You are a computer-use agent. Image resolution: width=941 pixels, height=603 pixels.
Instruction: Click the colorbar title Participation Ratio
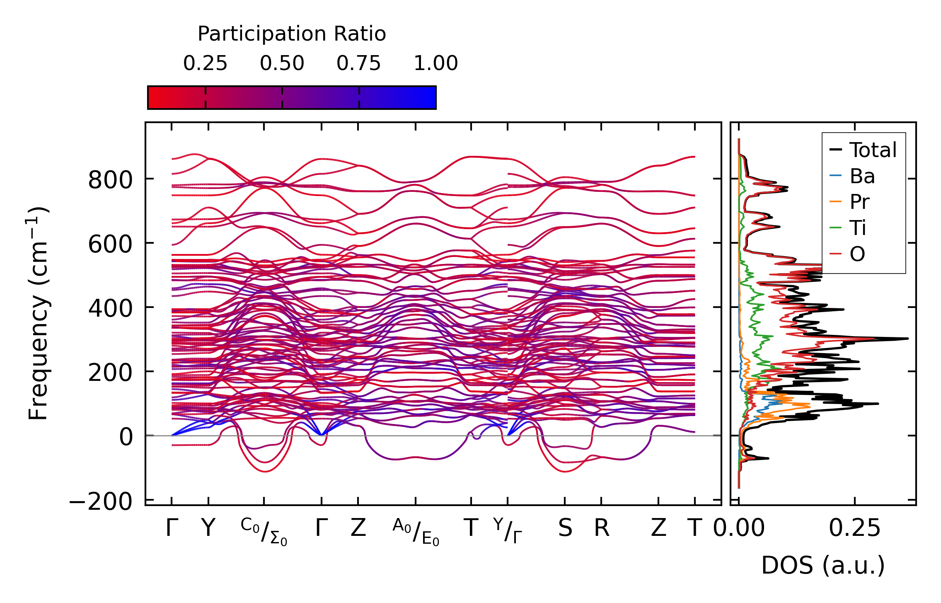point(292,34)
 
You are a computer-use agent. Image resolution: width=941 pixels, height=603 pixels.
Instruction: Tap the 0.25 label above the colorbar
point(205,63)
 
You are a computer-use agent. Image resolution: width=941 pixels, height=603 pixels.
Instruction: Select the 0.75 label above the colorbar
point(358,63)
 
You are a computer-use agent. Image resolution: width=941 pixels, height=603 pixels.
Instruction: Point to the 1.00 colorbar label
point(435,63)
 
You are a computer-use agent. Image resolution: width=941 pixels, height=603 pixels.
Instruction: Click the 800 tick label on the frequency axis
point(110,180)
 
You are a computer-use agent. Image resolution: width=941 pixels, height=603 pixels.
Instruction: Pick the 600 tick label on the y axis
point(110,244)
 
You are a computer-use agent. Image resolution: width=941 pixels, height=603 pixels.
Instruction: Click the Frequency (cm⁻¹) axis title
point(38,313)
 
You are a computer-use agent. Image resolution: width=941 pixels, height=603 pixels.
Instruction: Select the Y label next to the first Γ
point(208,528)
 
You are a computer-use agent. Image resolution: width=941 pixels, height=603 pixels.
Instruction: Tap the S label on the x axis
point(565,528)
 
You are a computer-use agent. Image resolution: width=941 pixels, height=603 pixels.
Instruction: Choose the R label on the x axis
point(602,528)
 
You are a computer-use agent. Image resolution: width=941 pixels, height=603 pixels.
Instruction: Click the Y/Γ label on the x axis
point(508,530)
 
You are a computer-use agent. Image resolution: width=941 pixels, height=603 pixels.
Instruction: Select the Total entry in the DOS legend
point(873,150)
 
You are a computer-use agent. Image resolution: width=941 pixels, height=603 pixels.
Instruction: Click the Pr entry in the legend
point(859,202)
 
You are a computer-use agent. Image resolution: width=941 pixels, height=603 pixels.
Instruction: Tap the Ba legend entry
point(862,177)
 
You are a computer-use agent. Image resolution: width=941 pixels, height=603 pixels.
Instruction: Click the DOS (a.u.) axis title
point(823,565)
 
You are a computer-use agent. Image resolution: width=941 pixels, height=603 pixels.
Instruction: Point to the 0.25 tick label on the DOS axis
point(854,528)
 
